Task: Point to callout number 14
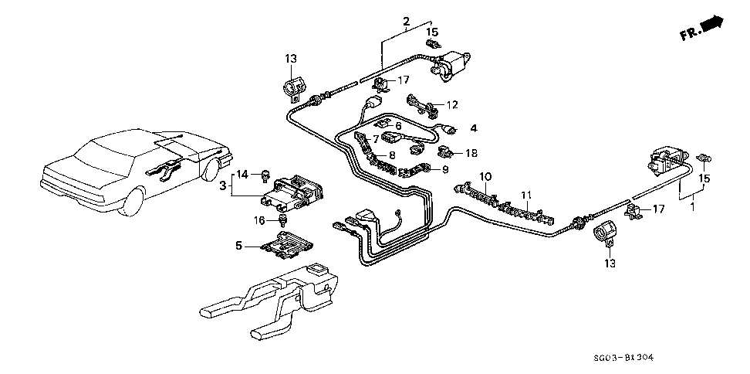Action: [x=243, y=174]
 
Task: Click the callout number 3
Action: [x=223, y=185]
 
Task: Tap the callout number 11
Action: [x=526, y=195]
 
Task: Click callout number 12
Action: [x=452, y=104]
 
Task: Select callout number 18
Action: [x=471, y=153]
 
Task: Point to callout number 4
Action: [x=474, y=128]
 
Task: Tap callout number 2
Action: [x=406, y=21]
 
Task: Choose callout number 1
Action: [x=693, y=207]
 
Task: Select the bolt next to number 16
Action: [x=284, y=221]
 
